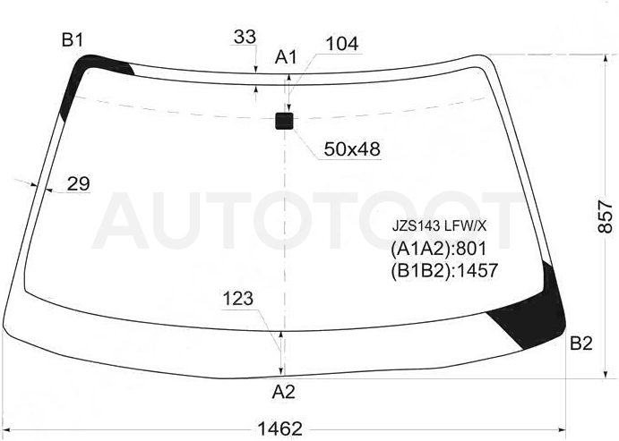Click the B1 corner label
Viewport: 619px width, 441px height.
(x=73, y=40)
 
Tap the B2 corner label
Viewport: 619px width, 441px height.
(x=581, y=343)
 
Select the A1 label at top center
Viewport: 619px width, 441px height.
(x=286, y=57)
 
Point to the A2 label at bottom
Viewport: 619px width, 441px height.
(x=283, y=392)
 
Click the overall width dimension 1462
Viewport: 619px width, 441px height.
(x=279, y=428)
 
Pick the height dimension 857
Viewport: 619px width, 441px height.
(x=605, y=216)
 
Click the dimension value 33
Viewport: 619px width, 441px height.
(x=245, y=37)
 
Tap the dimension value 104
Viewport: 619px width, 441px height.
(x=342, y=44)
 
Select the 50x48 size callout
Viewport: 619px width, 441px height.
(x=352, y=149)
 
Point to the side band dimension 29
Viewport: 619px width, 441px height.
(x=79, y=183)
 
